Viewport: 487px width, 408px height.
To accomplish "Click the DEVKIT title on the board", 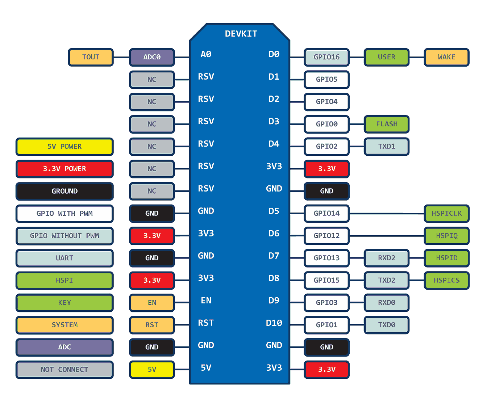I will [241, 34].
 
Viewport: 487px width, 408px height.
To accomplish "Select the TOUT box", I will [91, 57].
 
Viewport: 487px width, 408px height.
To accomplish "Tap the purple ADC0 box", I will [152, 57].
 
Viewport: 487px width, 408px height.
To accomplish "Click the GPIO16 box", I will [326, 57].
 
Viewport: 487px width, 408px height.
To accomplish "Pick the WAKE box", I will [446, 57].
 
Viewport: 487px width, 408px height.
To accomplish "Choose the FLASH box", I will [387, 124].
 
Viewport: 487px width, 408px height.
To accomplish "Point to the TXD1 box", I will [387, 147].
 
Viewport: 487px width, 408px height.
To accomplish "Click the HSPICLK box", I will [446, 214].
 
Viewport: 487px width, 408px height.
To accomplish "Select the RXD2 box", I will [387, 258].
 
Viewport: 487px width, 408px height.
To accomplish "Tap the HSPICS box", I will [446, 281].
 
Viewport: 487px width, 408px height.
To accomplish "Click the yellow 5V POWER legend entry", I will [64, 147].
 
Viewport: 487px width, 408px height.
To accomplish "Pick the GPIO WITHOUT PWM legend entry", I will [64, 236].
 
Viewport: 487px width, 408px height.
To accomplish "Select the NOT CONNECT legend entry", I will [64, 370].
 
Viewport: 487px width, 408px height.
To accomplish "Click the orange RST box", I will [152, 325].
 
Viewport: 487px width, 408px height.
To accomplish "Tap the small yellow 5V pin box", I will [152, 370].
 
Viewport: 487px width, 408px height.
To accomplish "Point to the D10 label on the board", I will [274, 323].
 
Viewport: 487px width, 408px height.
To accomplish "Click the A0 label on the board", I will [206, 54].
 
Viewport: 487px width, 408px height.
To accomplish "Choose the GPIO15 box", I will [326, 281].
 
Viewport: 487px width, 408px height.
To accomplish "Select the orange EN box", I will [152, 303].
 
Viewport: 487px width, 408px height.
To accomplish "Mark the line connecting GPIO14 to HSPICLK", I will [387, 214].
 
